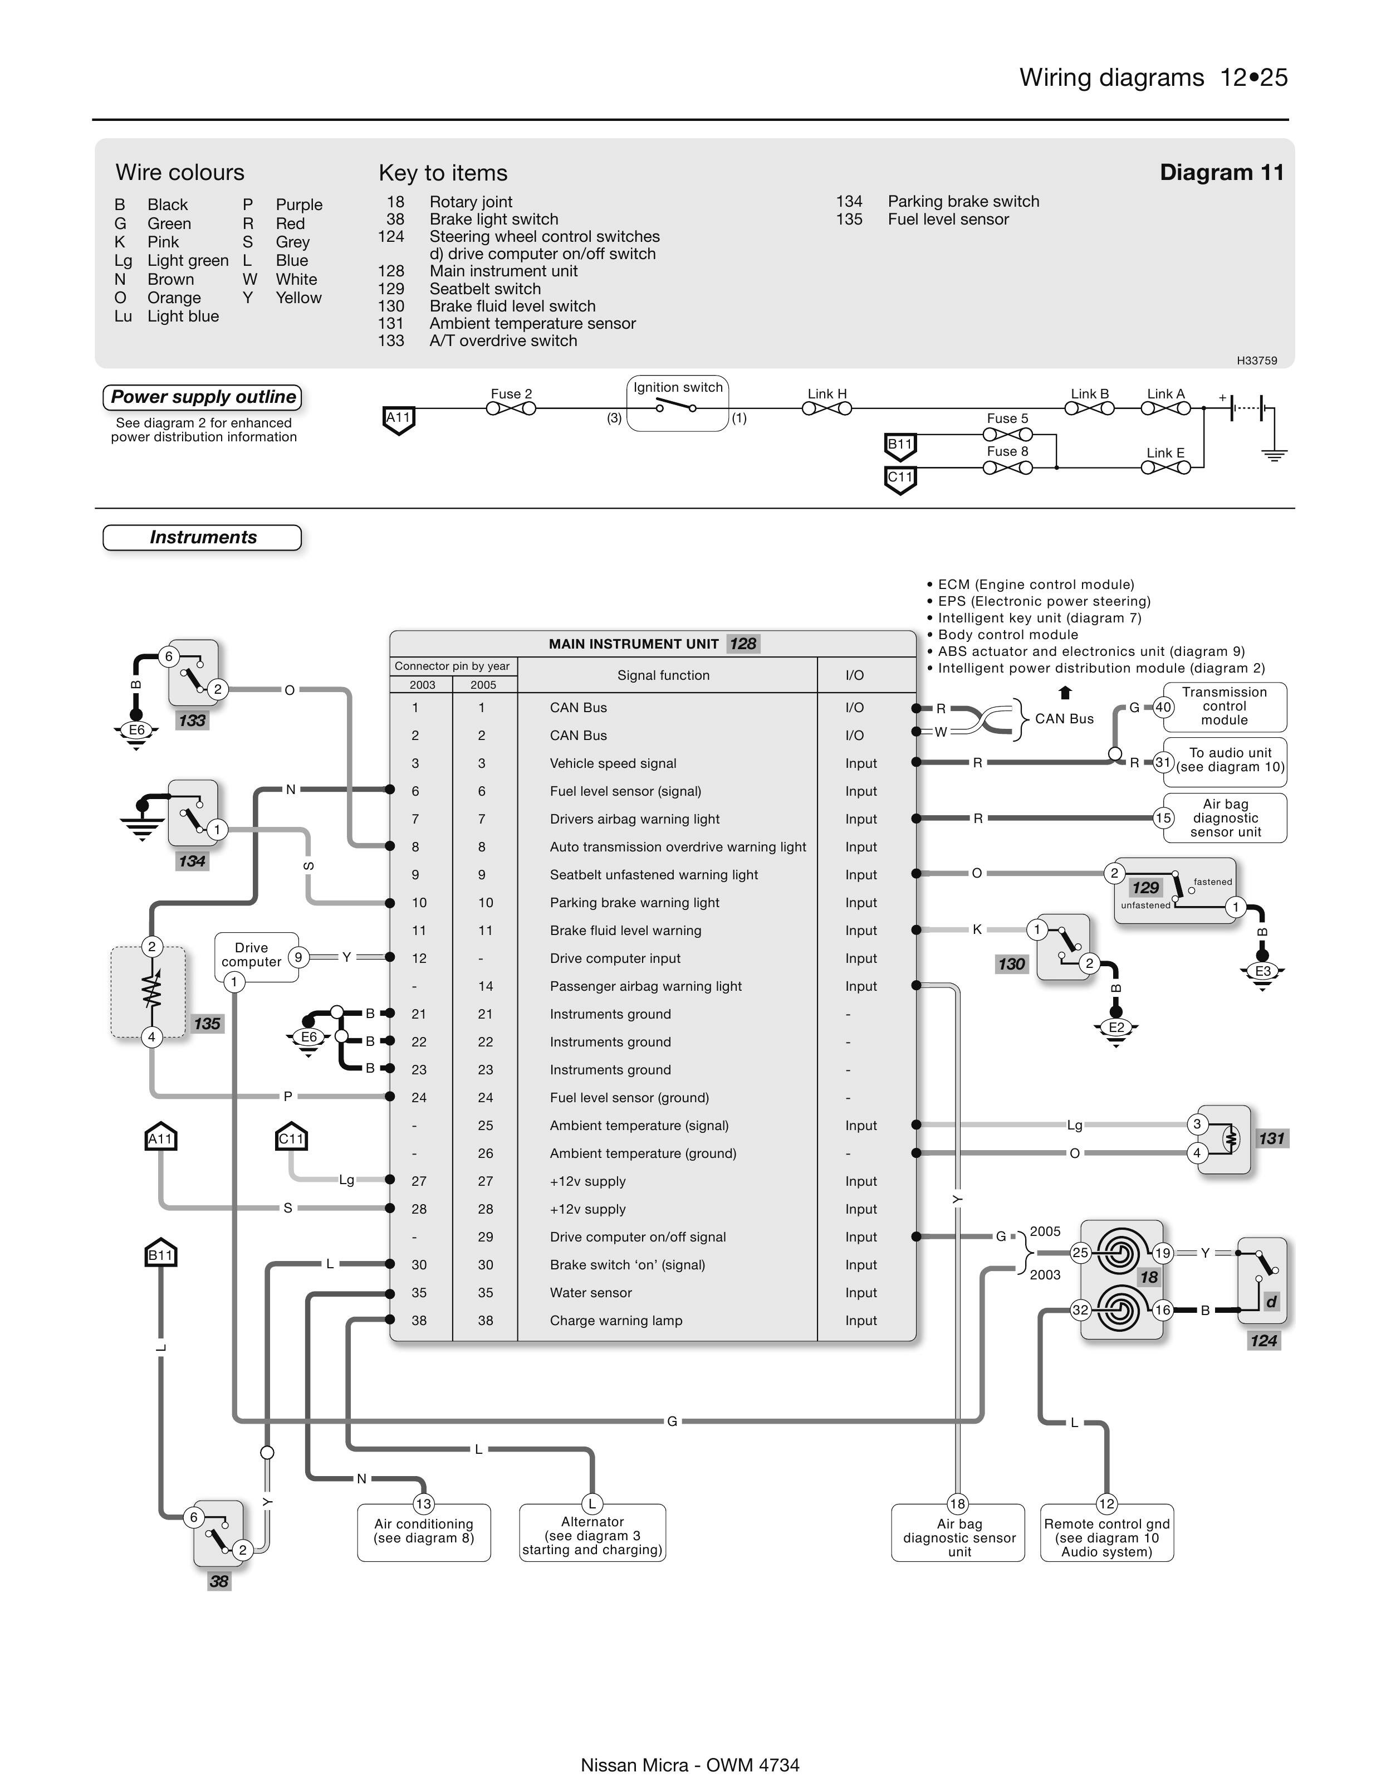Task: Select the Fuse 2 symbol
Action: (511, 408)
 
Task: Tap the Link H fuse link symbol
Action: (826, 408)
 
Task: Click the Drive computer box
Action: (251, 955)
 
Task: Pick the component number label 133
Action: (192, 720)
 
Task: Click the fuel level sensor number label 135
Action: (207, 1024)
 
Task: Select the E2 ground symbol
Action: (1116, 1029)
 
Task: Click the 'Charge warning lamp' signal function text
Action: (616, 1321)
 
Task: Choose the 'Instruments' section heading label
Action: (203, 537)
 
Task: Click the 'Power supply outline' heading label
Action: (203, 397)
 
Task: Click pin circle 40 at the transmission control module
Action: (1163, 707)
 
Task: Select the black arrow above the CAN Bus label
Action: (1065, 693)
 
